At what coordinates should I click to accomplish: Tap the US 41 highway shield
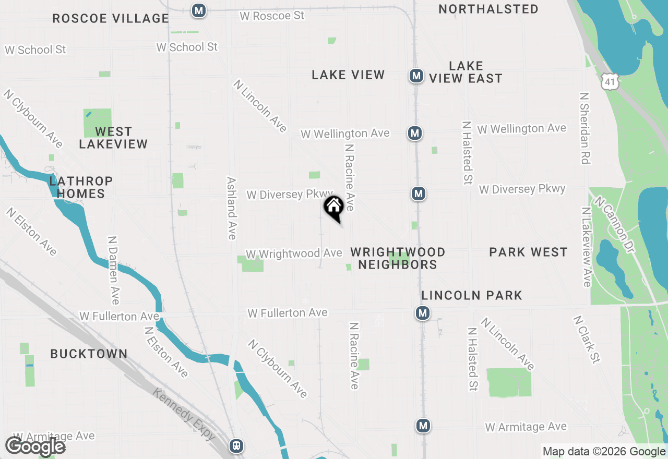pyautogui.click(x=610, y=80)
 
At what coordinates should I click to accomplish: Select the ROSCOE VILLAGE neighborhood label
pyautogui.click(x=111, y=19)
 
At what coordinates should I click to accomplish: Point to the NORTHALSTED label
pyautogui.click(x=488, y=9)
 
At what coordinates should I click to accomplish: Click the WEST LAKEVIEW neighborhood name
pyautogui.click(x=113, y=138)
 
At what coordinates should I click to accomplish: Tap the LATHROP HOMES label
pyautogui.click(x=81, y=187)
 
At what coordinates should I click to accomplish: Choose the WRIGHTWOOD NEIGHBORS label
pyautogui.click(x=398, y=258)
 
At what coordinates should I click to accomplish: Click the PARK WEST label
pyautogui.click(x=528, y=252)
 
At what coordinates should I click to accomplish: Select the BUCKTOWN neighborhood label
pyautogui.click(x=89, y=354)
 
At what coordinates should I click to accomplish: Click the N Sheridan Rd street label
pyautogui.click(x=584, y=128)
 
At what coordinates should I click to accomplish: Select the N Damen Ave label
pyautogui.click(x=113, y=270)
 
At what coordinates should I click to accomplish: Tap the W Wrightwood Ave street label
pyautogui.click(x=294, y=254)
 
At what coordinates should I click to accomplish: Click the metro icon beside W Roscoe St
pyautogui.click(x=198, y=10)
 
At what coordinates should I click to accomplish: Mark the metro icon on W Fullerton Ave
pyautogui.click(x=423, y=313)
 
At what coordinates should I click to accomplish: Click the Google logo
pyautogui.click(x=35, y=446)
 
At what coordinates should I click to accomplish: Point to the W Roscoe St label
pyautogui.click(x=272, y=16)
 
